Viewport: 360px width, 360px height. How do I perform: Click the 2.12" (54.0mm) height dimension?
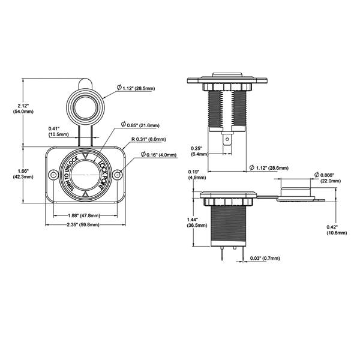coord(23,109)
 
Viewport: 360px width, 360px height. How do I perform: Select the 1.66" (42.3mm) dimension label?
coord(23,174)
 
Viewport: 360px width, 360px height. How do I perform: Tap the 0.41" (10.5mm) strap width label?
coord(59,131)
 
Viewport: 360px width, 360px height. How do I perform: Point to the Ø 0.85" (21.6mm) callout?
coord(140,125)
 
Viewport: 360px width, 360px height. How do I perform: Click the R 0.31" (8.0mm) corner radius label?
coord(149,139)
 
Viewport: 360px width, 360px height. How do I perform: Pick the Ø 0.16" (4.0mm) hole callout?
coord(158,155)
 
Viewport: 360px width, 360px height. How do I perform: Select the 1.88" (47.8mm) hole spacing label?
coord(84,215)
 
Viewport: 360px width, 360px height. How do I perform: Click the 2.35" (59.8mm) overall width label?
coord(83,224)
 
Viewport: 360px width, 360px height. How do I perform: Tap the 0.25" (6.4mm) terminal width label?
coord(200,151)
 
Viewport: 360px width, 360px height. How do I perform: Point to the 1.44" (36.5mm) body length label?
coord(197,223)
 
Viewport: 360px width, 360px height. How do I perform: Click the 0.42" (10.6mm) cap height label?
coord(337,230)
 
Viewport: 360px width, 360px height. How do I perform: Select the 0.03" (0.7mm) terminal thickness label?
coord(265,258)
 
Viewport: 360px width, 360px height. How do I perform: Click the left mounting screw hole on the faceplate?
coord(53,175)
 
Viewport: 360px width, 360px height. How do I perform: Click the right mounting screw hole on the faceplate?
coord(118,175)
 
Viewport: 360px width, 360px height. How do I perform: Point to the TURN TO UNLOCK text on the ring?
coord(70,173)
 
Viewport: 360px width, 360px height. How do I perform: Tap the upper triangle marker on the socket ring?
coord(85,155)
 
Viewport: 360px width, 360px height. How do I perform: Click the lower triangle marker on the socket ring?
coord(85,194)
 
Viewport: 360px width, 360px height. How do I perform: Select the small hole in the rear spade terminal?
coord(227,139)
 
